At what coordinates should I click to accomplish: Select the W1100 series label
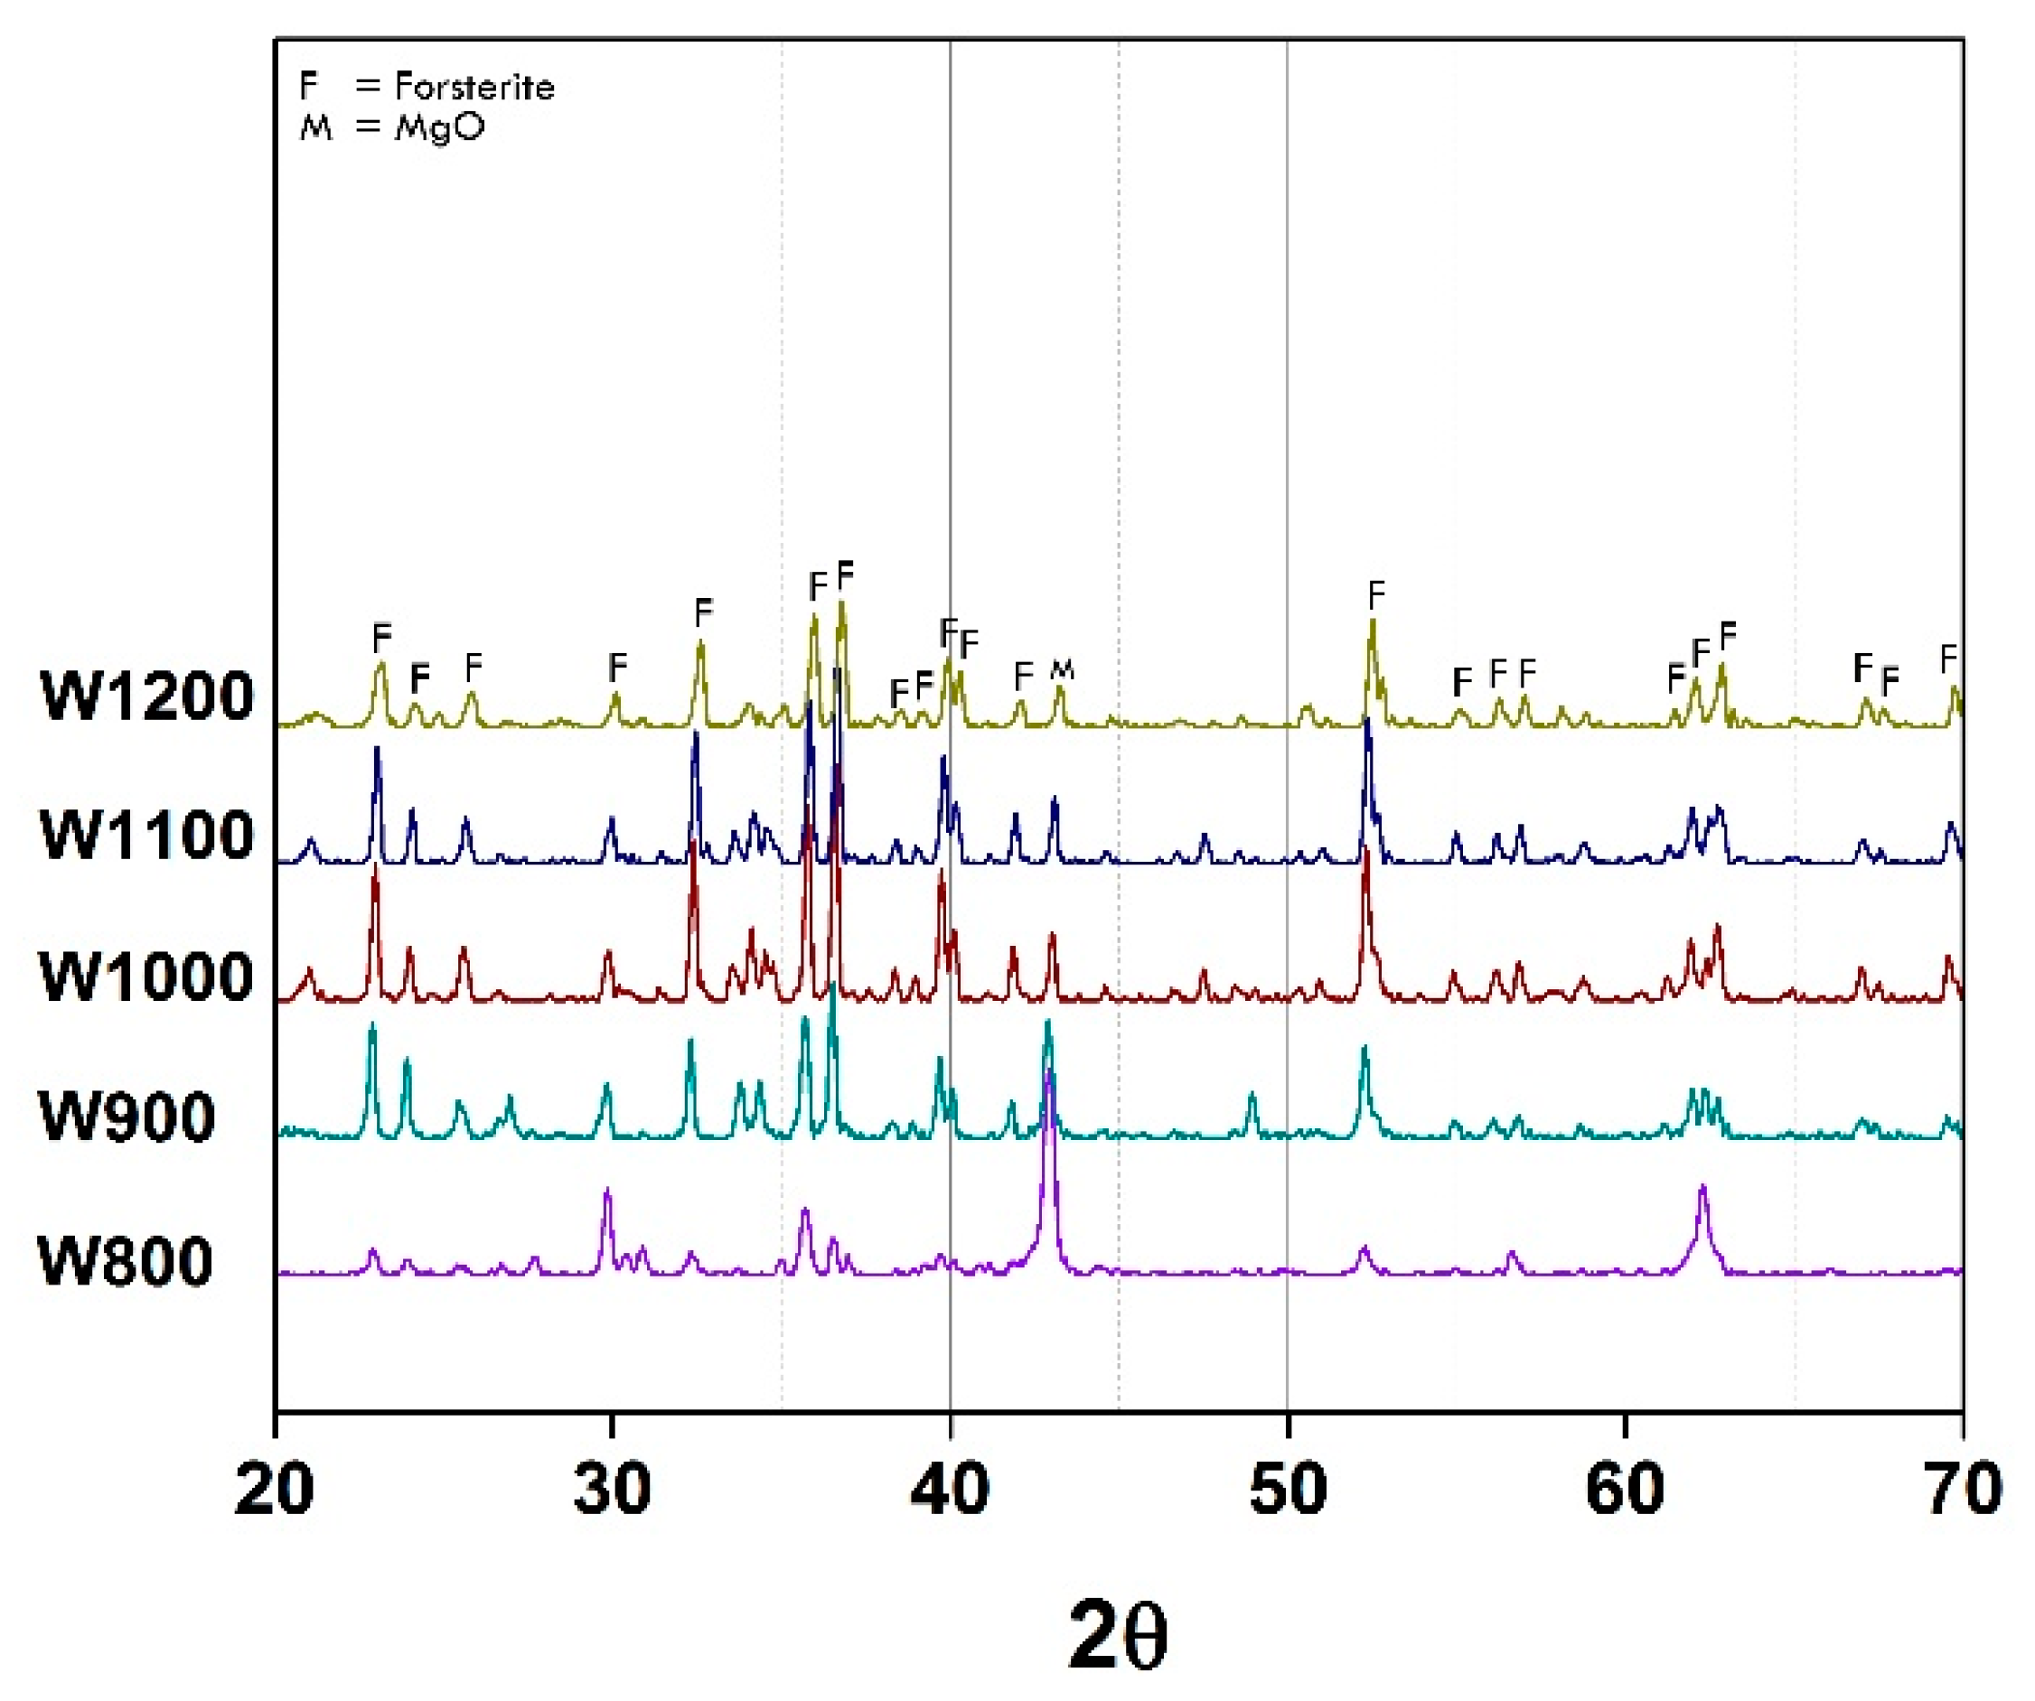click(146, 835)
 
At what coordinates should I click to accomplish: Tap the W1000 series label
click(146, 976)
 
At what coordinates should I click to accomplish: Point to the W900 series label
click(126, 1117)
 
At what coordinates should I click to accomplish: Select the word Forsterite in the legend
click(474, 88)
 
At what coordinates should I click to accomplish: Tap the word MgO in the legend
click(439, 126)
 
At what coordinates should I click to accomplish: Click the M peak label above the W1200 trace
click(1062, 668)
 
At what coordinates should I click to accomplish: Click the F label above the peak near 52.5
click(1376, 594)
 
